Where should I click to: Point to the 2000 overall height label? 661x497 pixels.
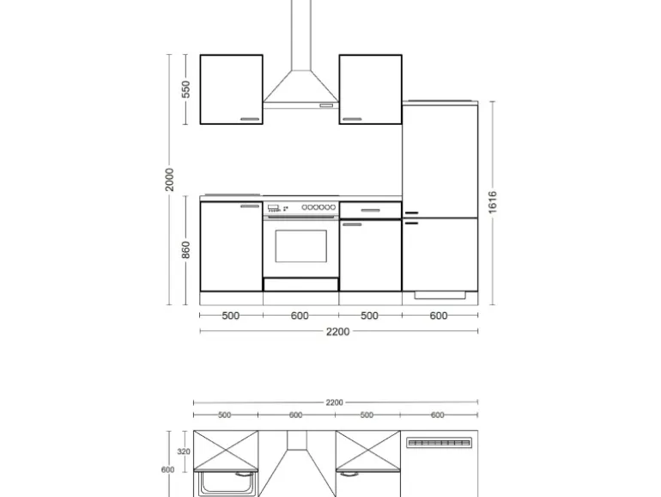171,180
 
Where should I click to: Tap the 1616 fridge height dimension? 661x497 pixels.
493,204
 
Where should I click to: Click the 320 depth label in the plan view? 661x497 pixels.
184,451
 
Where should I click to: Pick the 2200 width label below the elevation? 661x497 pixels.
338,332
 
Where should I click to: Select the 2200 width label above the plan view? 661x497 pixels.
334,402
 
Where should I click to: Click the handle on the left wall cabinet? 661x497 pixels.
250,120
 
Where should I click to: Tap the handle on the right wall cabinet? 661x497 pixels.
352,120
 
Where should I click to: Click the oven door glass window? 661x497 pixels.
300,246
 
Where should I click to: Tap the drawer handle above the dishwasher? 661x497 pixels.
370,209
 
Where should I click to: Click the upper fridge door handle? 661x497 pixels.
410,212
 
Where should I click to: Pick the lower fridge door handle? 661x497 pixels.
410,223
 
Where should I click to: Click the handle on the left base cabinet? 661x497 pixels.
250,206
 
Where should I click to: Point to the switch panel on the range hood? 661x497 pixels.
326,106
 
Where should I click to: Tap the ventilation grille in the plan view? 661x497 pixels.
439,443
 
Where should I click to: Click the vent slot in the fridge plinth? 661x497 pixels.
439,295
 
